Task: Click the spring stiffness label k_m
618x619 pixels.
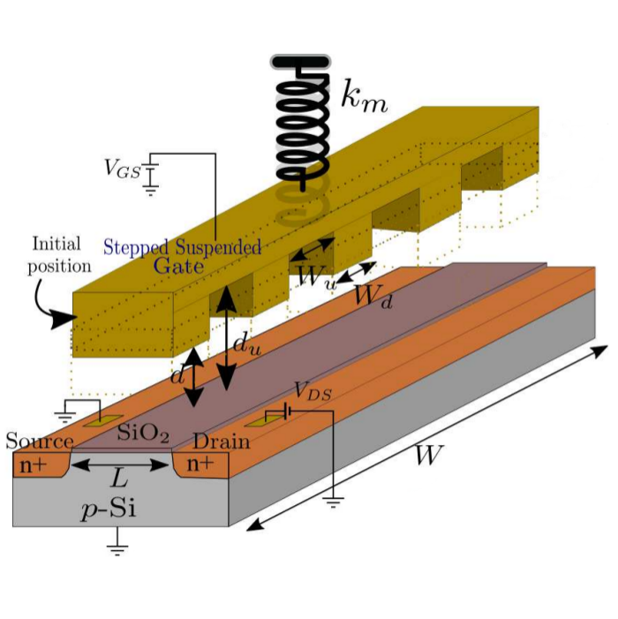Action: pyautogui.click(x=365, y=96)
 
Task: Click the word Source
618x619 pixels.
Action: pyautogui.click(x=40, y=442)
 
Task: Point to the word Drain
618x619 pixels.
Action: pyautogui.click(x=222, y=442)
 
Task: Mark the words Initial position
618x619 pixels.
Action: pyautogui.click(x=61, y=253)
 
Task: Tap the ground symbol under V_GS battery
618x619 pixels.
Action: pyautogui.click(x=152, y=186)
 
